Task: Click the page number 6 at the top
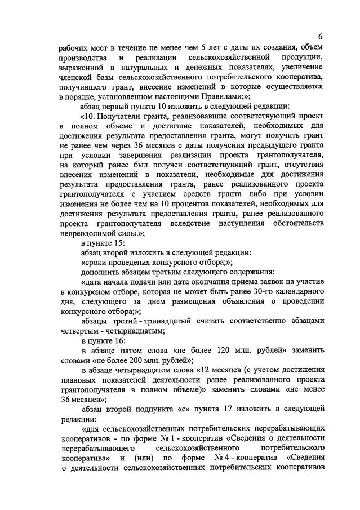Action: pos(319,37)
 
